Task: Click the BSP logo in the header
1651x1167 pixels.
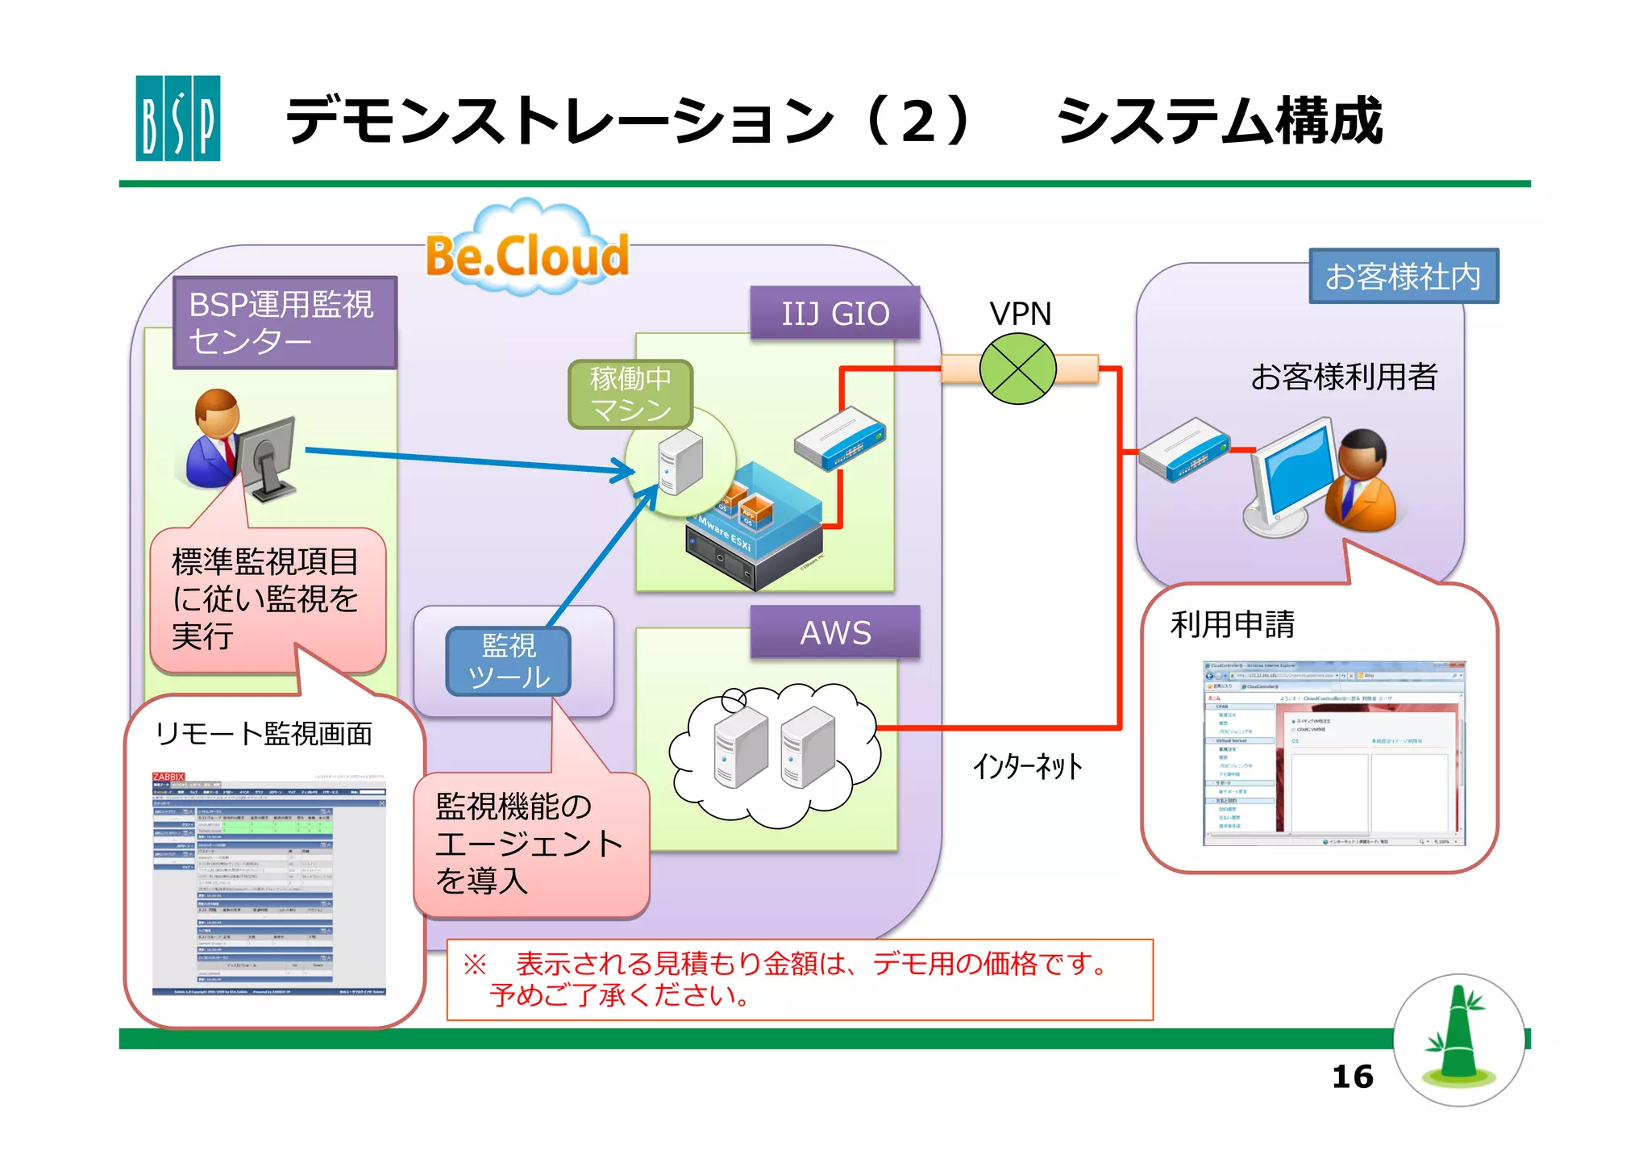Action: click(177, 118)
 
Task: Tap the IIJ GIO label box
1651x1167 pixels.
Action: click(835, 313)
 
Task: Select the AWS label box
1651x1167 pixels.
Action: click(835, 632)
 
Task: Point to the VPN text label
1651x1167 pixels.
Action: click(1020, 314)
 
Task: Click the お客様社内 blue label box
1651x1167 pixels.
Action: click(1403, 277)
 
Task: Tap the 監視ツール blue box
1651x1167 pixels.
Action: click(509, 661)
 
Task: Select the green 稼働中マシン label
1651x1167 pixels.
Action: click(630, 394)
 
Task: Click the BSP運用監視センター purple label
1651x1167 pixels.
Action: click(285, 323)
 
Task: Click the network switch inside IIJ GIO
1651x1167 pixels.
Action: click(839, 438)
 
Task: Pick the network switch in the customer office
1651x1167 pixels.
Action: click(1184, 449)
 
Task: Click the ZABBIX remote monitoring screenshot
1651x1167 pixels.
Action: click(268, 884)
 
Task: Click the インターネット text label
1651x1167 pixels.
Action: click(1027, 766)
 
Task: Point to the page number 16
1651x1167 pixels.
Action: click(1352, 1077)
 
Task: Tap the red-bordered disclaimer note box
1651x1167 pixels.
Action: click(800, 979)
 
